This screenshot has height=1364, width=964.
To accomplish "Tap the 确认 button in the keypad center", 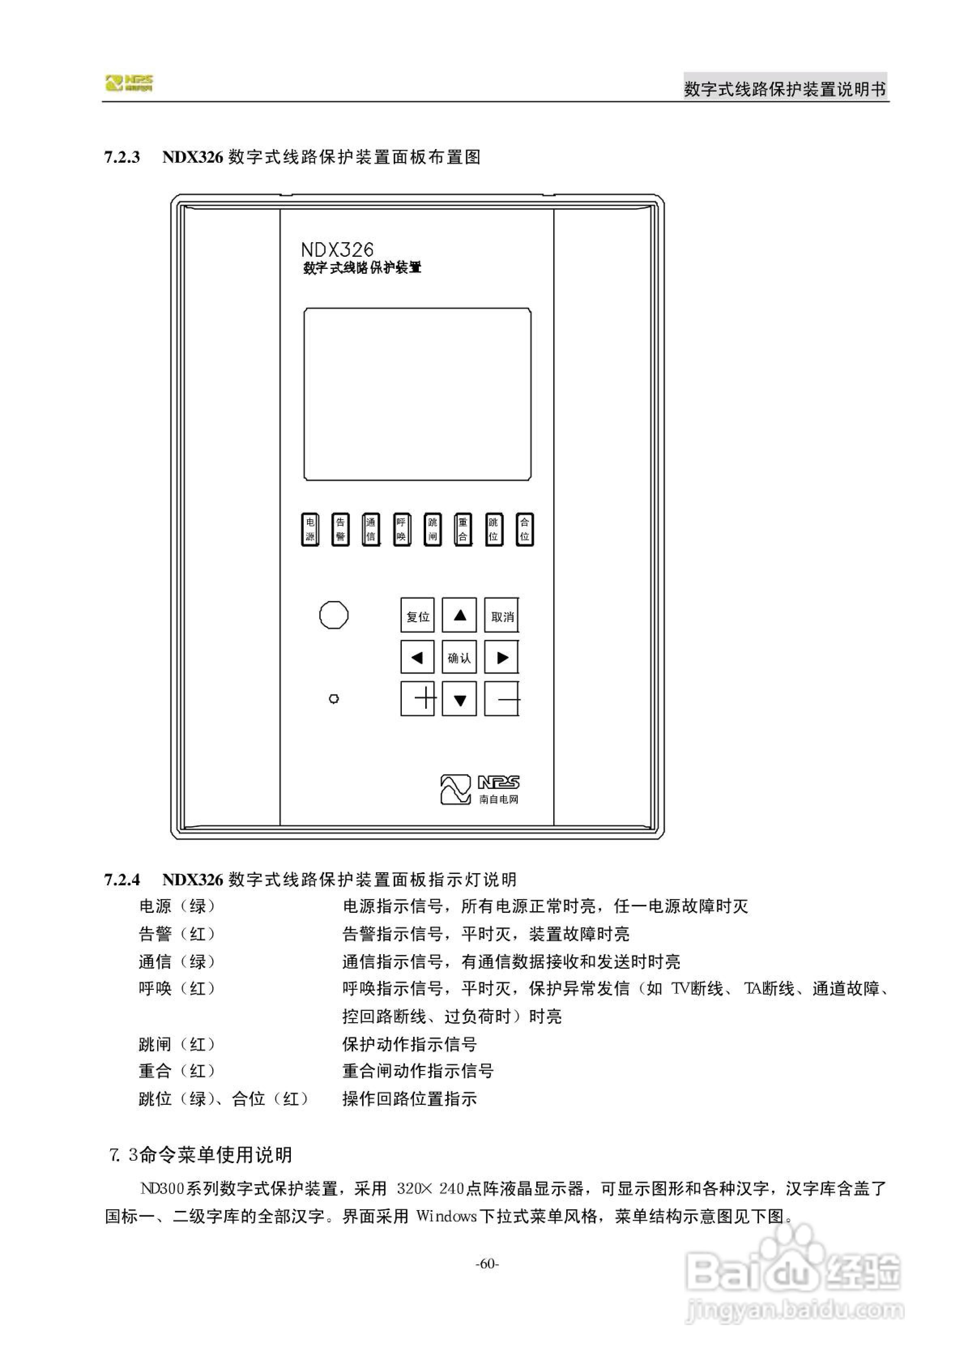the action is coord(459,656).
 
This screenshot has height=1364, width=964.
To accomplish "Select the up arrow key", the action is coord(459,615).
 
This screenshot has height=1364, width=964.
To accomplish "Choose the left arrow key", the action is coord(417,656).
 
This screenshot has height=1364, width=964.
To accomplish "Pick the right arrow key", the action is coord(501,656).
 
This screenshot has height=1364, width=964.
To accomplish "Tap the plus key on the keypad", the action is coord(417,699).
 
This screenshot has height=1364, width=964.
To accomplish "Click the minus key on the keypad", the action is coord(501,699).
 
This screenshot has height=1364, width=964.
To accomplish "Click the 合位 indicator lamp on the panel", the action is coord(524,529).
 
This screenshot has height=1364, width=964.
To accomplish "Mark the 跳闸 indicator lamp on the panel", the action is coord(433,529).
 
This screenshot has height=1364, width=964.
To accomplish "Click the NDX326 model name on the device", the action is coord(337,249).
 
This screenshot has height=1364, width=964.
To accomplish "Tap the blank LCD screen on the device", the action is coord(417,394).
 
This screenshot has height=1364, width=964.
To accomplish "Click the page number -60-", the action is coord(487,1264).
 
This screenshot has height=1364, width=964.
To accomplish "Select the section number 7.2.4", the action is coord(122,880).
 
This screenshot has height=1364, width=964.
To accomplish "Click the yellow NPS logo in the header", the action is coord(129,83).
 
